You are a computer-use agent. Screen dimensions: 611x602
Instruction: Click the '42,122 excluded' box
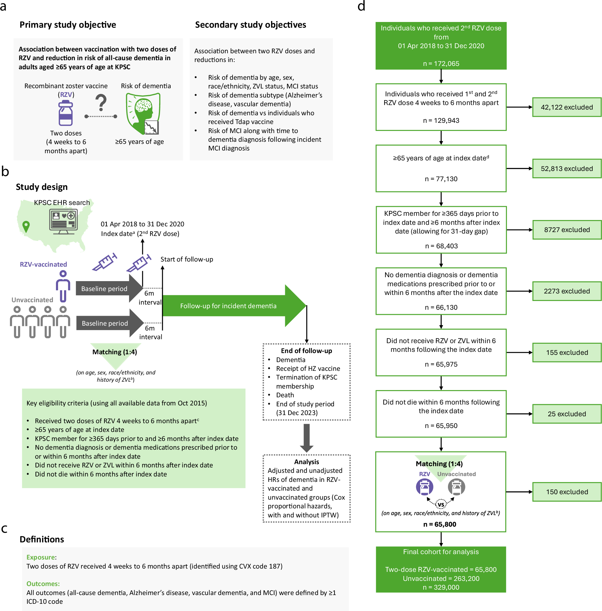[566, 107]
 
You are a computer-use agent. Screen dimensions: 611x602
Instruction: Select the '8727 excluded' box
[566, 230]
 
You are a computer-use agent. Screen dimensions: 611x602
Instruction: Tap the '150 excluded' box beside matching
[566, 492]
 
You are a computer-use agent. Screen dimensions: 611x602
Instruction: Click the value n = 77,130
[441, 179]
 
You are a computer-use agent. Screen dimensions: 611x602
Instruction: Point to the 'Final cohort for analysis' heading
[441, 552]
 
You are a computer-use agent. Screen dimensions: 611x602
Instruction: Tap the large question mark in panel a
[101, 103]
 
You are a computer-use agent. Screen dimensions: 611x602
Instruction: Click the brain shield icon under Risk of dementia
[143, 113]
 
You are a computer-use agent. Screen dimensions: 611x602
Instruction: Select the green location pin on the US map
[26, 226]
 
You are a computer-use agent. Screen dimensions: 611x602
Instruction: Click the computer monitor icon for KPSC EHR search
[63, 222]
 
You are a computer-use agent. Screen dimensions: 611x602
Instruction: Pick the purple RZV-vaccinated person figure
[63, 286]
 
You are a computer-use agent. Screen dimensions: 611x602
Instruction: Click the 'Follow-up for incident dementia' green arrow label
[228, 306]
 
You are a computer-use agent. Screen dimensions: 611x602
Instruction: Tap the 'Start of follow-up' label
[187, 259]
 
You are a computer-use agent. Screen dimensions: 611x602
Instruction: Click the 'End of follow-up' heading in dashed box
[306, 351]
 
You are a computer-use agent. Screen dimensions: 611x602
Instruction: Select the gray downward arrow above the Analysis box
[306, 438]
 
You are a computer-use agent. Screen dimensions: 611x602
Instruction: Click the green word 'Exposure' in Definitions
[41, 557]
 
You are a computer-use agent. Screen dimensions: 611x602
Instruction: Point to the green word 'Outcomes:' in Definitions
[43, 584]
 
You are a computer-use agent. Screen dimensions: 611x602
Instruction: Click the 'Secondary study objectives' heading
[250, 25]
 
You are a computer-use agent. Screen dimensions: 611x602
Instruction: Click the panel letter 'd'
[361, 6]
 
